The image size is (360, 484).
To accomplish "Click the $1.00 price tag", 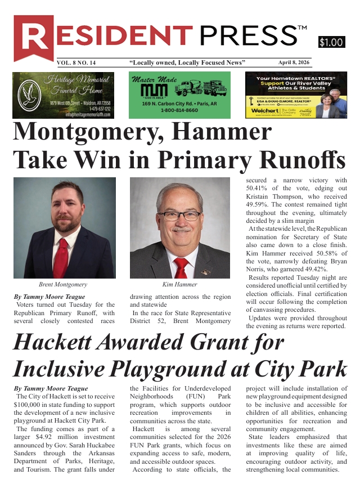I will pos(331,42).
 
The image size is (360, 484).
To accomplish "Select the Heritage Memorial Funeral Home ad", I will pos(64,95).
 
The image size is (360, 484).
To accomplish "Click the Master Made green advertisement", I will pos(179,95).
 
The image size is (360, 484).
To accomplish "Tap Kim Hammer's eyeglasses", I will pos(179,215).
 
